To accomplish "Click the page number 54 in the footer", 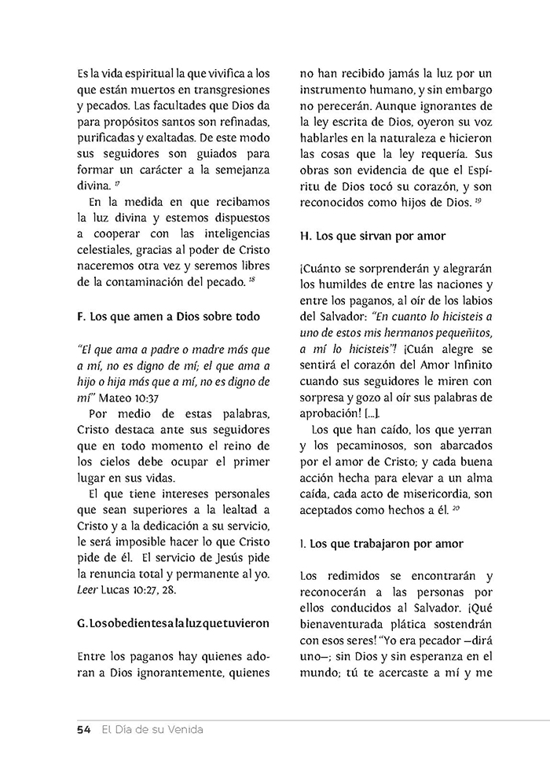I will point(84,730).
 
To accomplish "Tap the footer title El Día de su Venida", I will point(152,730).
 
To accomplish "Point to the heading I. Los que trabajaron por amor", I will point(382,543).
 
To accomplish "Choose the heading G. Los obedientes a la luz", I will point(173,623).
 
